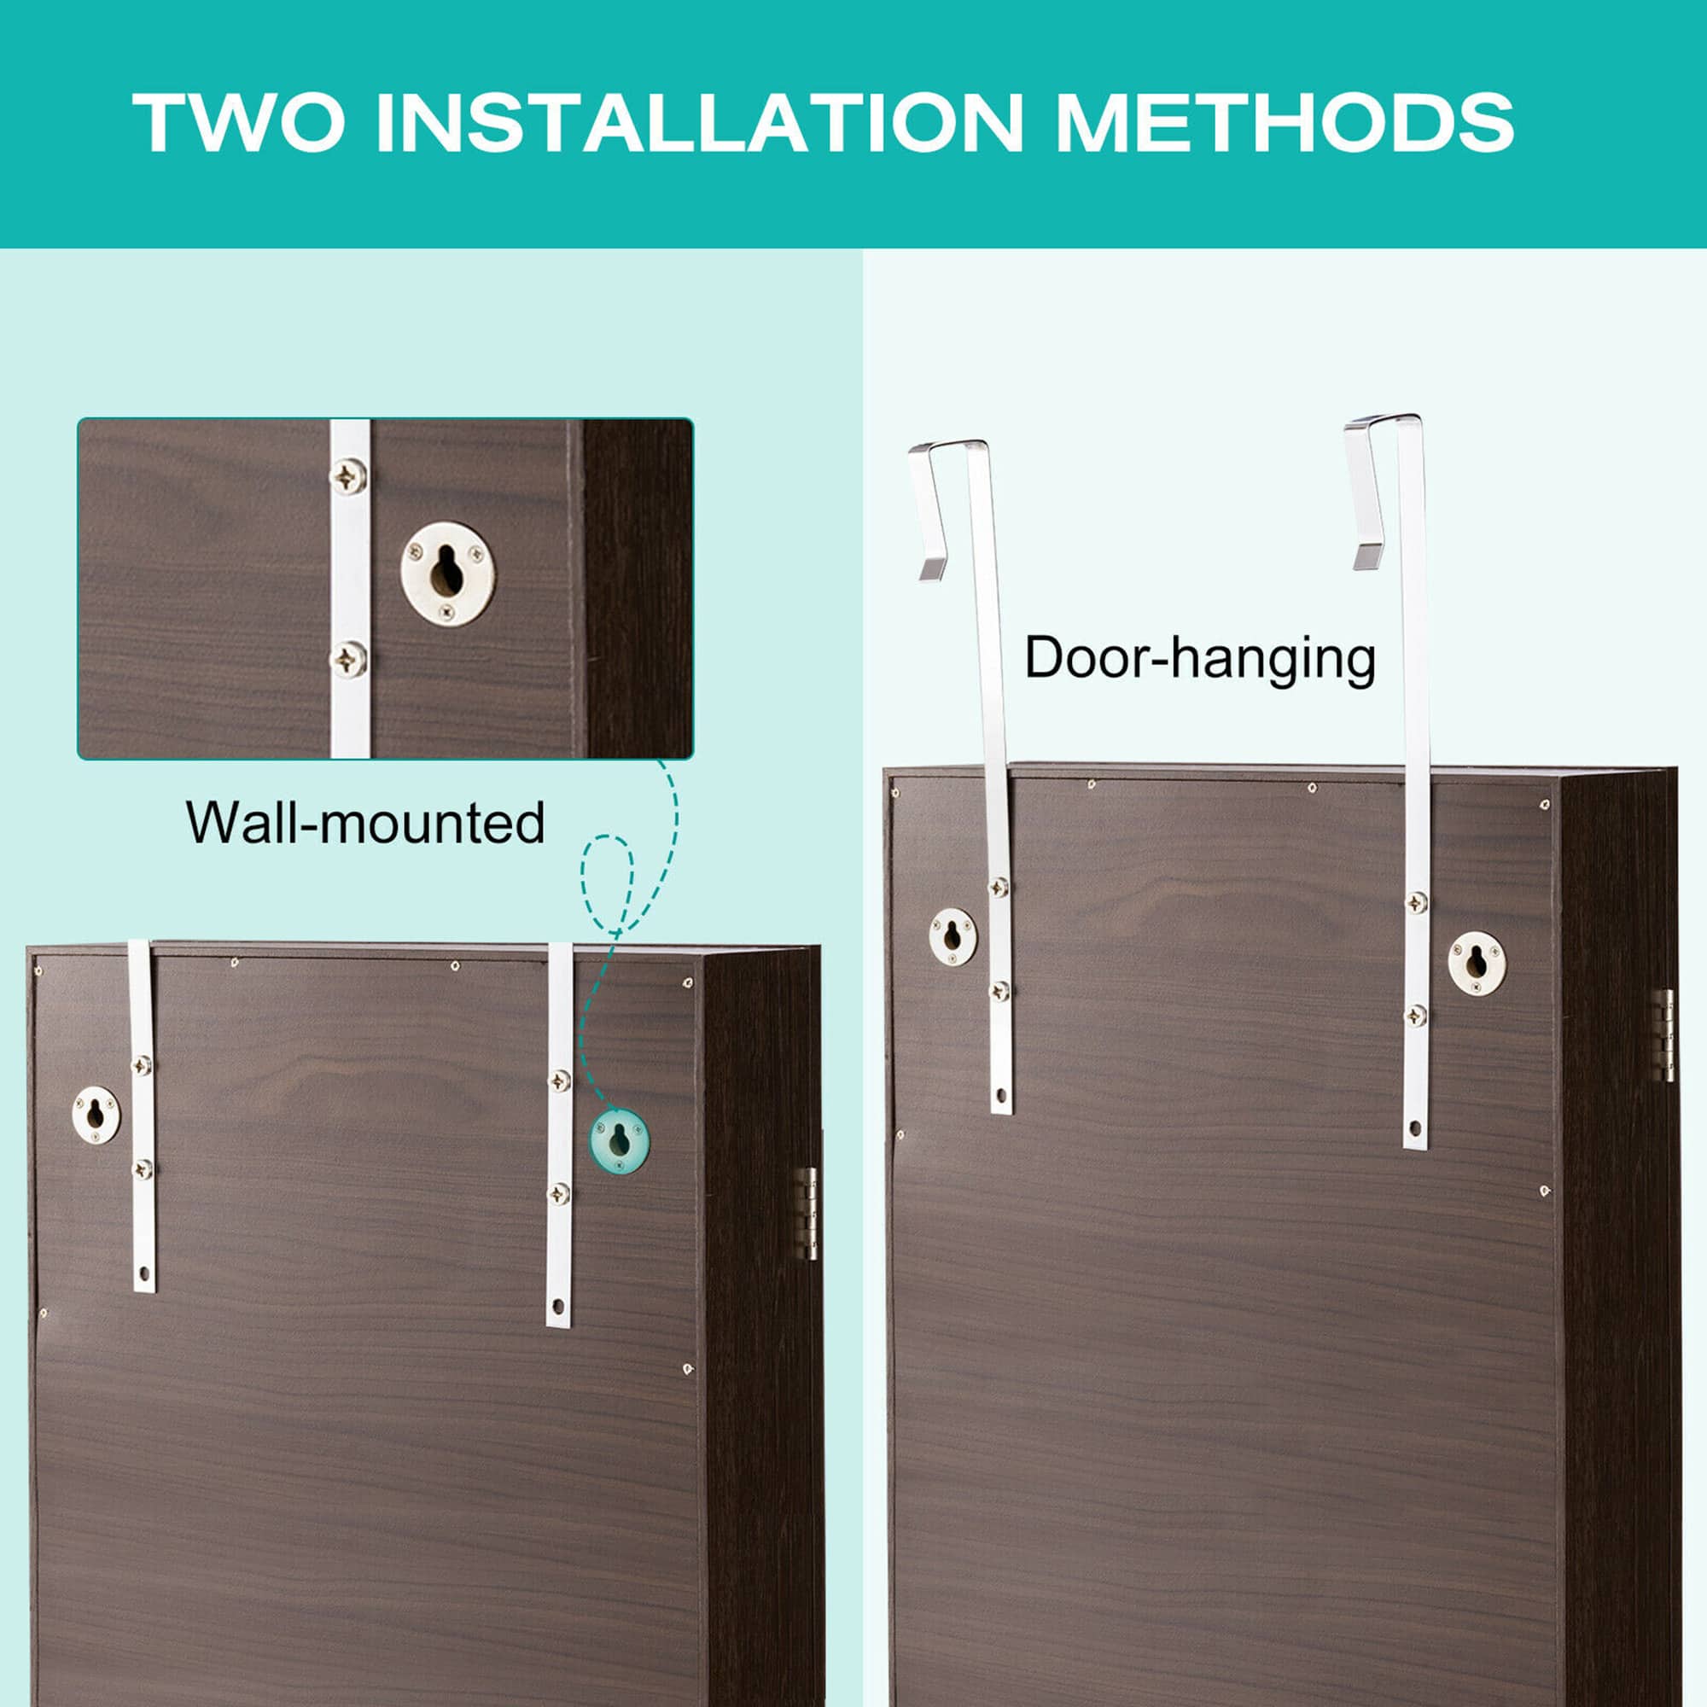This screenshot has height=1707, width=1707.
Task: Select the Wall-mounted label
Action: pos(365,823)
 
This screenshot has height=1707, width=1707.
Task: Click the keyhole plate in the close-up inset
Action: pos(448,574)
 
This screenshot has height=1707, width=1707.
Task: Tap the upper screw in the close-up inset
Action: pos(349,476)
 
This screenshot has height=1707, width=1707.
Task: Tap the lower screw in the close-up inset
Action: pos(349,658)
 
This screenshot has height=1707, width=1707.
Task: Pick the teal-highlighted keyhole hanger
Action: pos(620,1140)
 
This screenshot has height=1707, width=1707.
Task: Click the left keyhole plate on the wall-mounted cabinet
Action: pos(96,1114)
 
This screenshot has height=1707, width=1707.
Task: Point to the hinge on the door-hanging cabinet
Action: pos(1662,1035)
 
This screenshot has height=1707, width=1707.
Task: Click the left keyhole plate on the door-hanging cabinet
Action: pos(953,935)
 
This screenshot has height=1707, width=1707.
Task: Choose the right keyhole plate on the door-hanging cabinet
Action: pos(1477,960)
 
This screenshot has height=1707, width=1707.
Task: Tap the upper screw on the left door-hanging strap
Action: pos(999,888)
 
